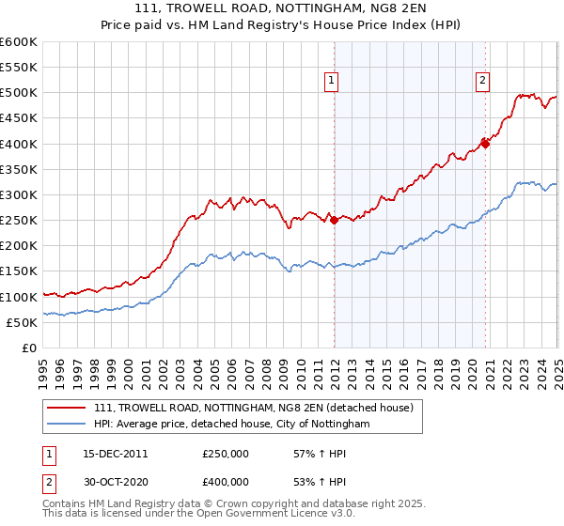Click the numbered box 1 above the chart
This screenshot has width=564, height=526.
pyautogui.click(x=333, y=82)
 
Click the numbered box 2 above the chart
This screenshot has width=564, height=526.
pyautogui.click(x=482, y=82)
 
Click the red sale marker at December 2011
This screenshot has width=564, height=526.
pyautogui.click(x=334, y=221)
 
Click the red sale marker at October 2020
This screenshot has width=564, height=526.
pyautogui.click(x=486, y=144)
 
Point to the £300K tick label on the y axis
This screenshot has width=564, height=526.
pyautogui.click(x=19, y=195)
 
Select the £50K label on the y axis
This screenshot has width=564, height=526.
pyautogui.click(x=22, y=323)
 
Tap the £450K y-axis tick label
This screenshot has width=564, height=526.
pyautogui.click(x=19, y=118)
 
